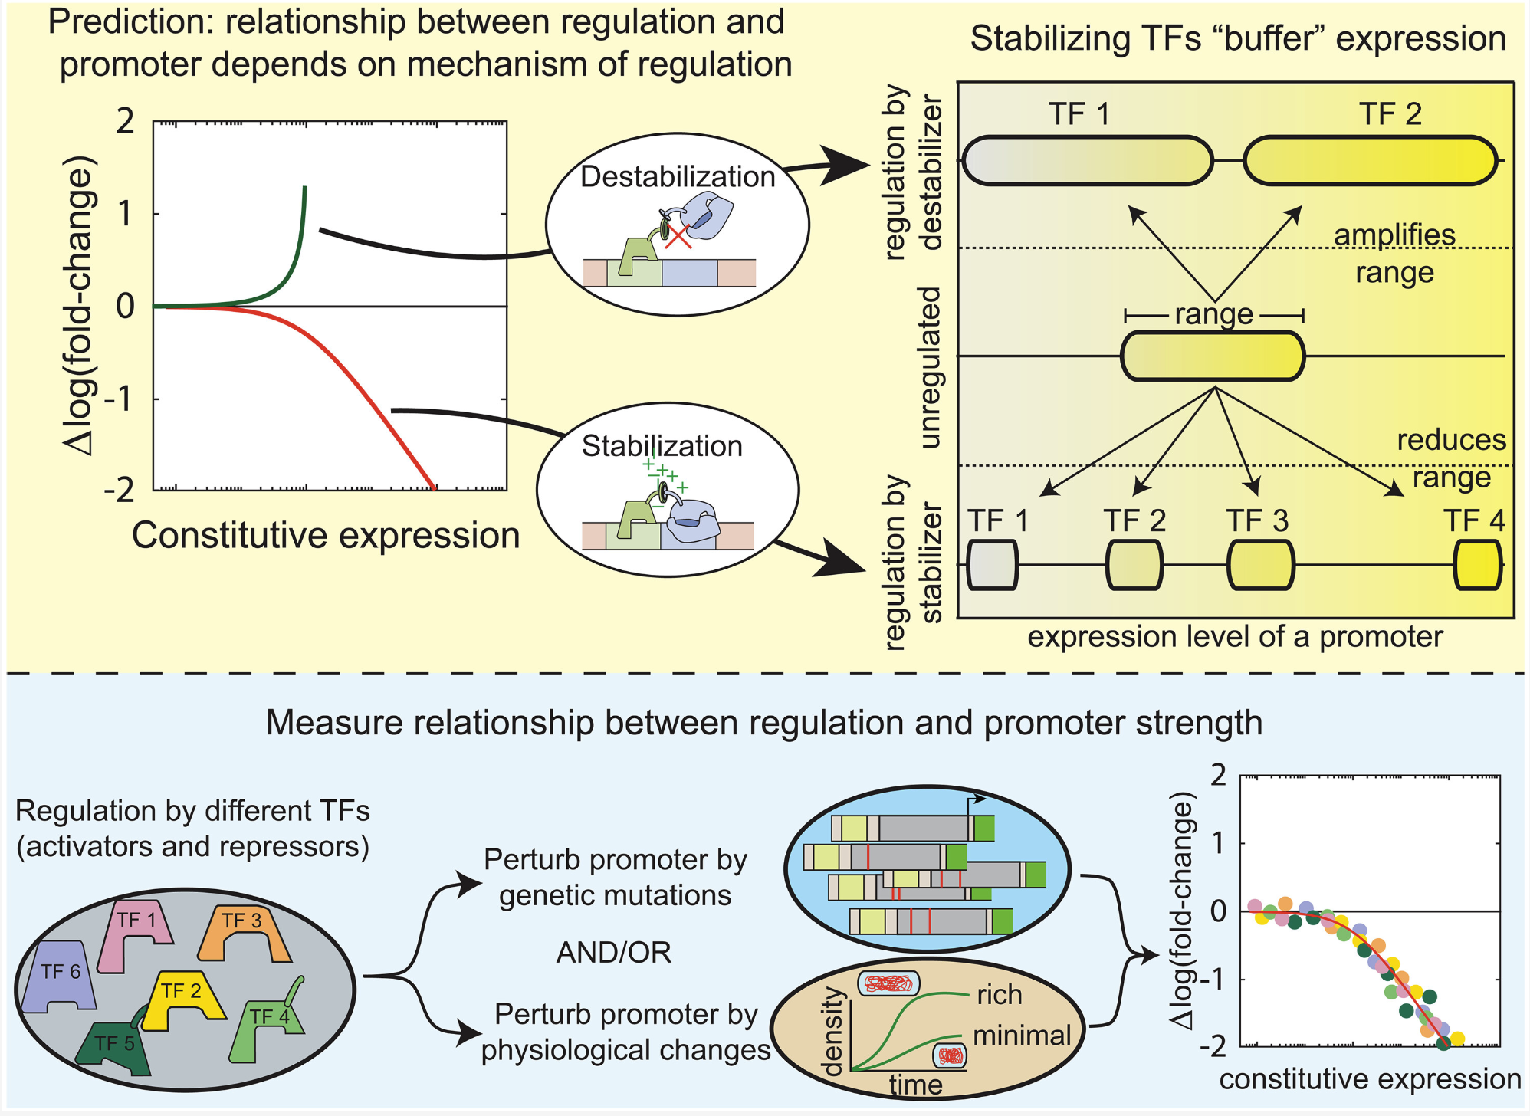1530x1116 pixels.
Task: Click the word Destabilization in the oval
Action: coord(678,177)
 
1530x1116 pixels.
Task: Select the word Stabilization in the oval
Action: coord(662,446)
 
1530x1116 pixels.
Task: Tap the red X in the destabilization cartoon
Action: coord(678,235)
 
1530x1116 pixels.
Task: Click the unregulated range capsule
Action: coord(1213,356)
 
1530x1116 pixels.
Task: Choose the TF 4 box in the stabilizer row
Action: coord(1477,565)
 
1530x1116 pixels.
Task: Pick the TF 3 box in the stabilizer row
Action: coord(1261,565)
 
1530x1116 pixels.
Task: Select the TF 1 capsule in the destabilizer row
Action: coord(1087,161)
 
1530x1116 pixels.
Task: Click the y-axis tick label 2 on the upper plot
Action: coord(125,121)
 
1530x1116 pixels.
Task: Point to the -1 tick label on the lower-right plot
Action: coord(1211,979)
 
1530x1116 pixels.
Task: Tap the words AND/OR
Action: coord(613,953)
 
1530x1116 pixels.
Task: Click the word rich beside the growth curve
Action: coord(1000,995)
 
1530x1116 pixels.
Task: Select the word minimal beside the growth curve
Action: coord(1021,1036)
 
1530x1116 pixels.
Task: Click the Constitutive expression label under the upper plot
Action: coord(326,535)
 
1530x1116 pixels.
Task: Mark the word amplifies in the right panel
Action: coord(1394,235)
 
